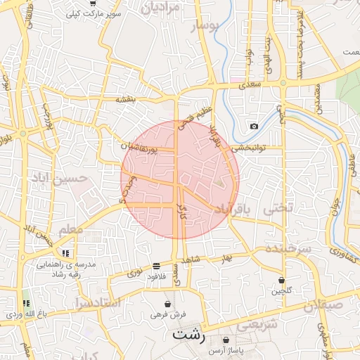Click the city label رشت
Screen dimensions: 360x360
(189, 334)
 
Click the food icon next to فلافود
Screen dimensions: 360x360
(155, 266)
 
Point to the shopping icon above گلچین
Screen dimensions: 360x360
(282, 280)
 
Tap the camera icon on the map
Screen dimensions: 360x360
(254, 127)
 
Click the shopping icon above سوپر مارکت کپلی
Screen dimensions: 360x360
(93, 4)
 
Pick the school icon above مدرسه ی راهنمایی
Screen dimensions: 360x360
(65, 253)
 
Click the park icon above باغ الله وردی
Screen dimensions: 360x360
(26, 303)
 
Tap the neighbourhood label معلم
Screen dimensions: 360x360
(72, 231)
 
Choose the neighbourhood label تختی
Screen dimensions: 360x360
(276, 209)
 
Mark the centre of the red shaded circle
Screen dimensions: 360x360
(180, 179)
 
